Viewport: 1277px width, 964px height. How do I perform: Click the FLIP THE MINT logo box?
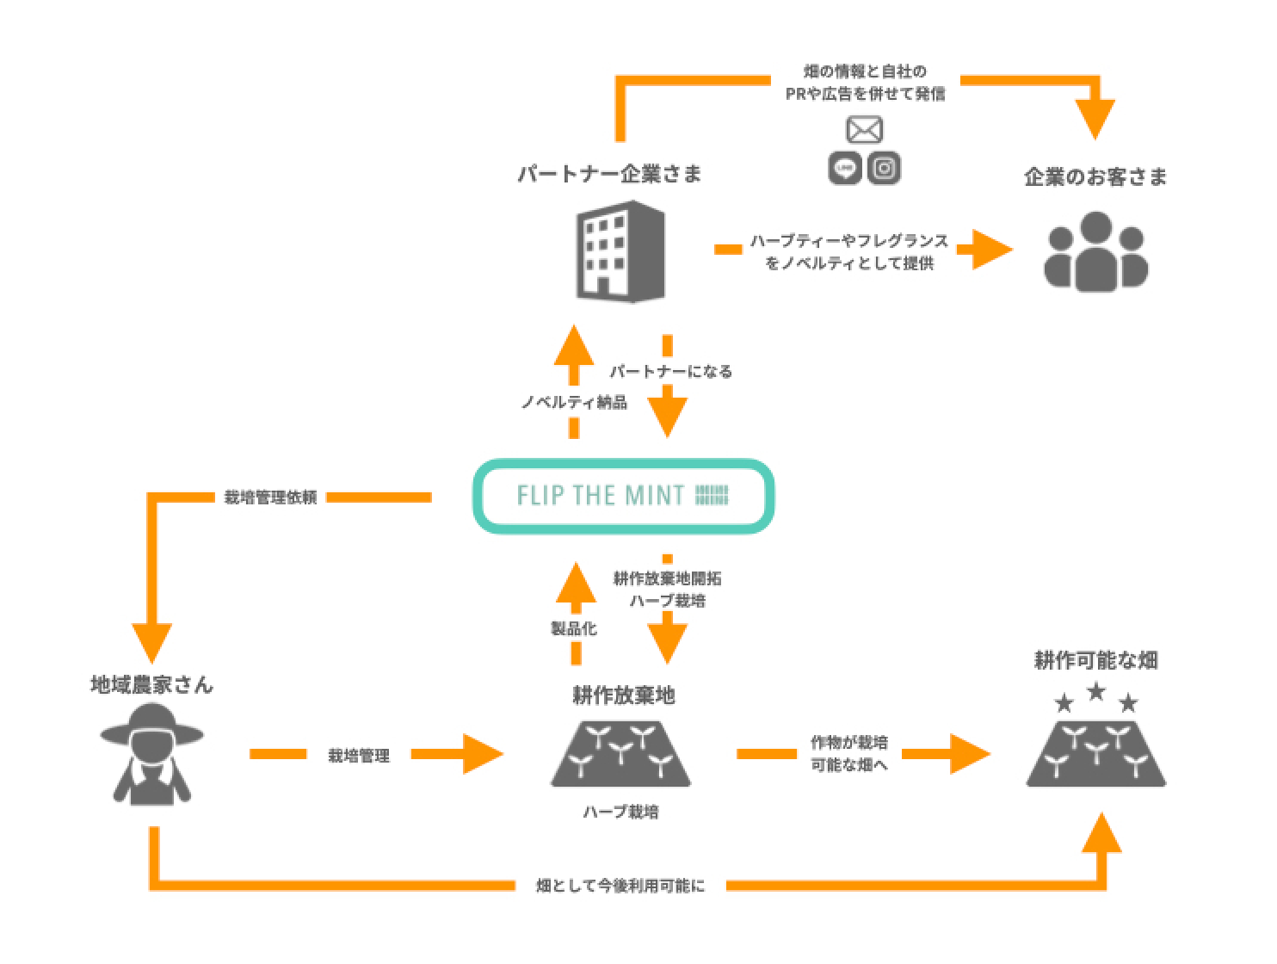[623, 496]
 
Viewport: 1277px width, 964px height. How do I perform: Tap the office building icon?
[620, 250]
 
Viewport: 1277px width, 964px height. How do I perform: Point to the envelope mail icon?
[864, 130]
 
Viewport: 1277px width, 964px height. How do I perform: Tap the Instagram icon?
[884, 168]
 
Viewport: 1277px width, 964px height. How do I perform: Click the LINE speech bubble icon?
[845, 168]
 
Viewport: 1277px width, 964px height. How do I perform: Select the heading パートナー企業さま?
[609, 174]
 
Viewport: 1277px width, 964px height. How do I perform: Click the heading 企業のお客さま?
[1095, 177]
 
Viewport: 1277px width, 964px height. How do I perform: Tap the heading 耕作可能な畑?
[1095, 660]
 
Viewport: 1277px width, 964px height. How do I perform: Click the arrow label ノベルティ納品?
[574, 402]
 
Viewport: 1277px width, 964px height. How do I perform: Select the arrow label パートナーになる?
[671, 371]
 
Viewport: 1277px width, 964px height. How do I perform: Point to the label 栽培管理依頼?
[270, 497]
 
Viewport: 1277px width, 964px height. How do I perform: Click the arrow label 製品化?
[573, 628]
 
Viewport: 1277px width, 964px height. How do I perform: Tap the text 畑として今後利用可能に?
[620, 886]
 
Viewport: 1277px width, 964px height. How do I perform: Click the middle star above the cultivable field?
[1095, 691]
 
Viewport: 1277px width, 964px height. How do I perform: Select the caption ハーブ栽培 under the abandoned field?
[620, 812]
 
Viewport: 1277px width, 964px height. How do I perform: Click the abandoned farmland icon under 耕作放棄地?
[621, 754]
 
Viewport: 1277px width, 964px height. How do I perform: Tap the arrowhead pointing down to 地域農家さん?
[152, 642]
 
